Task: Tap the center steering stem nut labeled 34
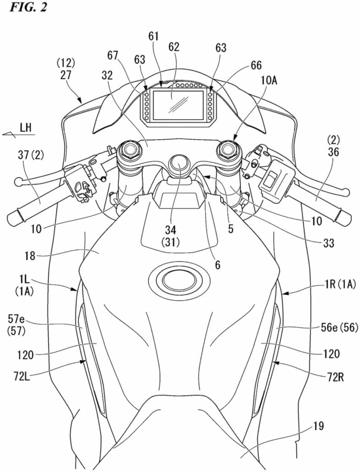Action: [x=179, y=163]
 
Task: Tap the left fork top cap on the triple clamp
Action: [x=130, y=150]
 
